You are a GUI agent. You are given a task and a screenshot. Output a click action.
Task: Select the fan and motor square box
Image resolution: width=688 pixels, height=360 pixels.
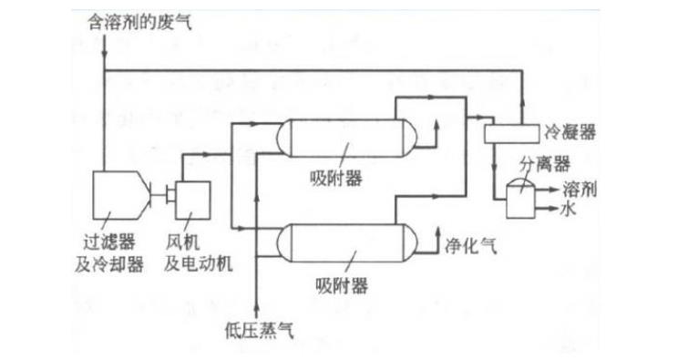[x=192, y=197]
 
